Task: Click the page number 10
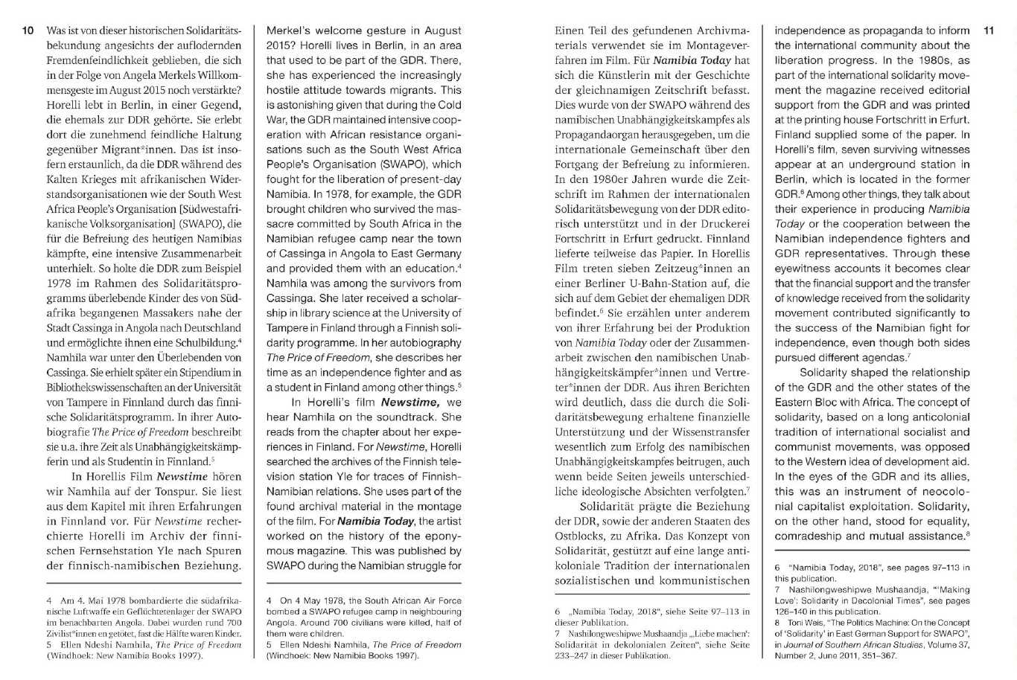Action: (28, 31)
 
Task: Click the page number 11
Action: (988, 31)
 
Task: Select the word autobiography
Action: (425, 343)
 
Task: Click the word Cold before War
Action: (446, 105)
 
